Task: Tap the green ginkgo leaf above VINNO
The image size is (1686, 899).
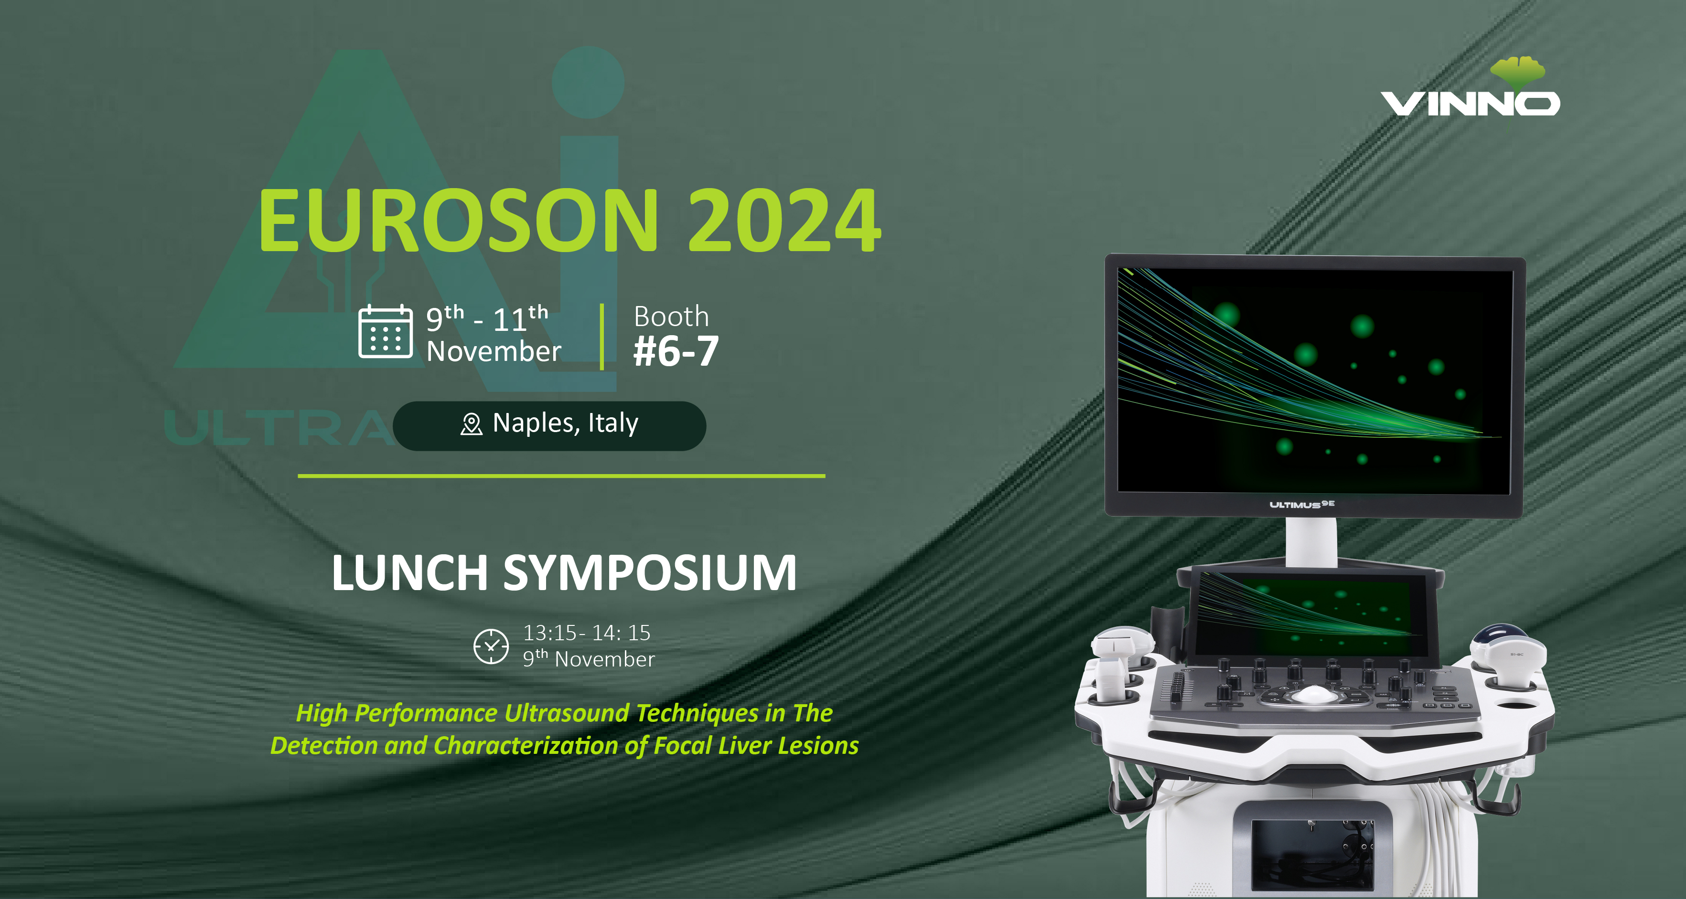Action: [1517, 72]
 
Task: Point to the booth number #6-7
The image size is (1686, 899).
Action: [676, 351]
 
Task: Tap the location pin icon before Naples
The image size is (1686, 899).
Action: [471, 424]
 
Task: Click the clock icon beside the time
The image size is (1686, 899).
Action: [491, 646]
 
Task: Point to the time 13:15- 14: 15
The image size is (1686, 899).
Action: [586, 633]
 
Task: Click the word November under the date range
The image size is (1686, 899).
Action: [494, 352]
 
